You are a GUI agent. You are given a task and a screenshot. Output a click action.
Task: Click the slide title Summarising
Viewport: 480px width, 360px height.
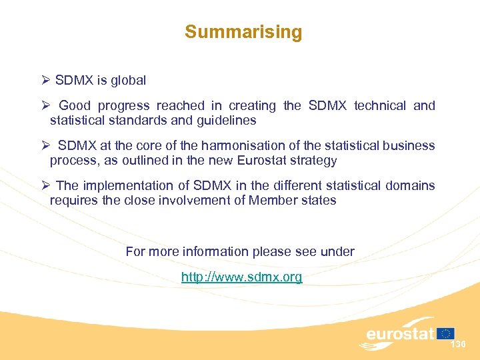pyautogui.click(x=243, y=32)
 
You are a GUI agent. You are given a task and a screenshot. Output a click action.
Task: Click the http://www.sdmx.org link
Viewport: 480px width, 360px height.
pyautogui.click(x=241, y=277)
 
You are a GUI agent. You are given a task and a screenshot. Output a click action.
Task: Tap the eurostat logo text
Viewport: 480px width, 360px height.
pyautogui.click(x=399, y=333)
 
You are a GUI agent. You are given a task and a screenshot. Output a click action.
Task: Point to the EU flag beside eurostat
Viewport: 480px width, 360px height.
pyautogui.click(x=446, y=333)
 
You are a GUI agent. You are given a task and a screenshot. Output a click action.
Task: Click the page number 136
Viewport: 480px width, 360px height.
pyautogui.click(x=458, y=345)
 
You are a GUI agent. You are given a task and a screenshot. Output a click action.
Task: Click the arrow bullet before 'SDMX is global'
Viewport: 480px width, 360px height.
pyautogui.click(x=45, y=81)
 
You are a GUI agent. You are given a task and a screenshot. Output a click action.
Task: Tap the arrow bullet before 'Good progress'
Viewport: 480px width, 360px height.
pyautogui.click(x=45, y=105)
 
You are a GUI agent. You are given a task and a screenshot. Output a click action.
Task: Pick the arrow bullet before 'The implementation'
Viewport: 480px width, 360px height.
pyautogui.click(x=45, y=185)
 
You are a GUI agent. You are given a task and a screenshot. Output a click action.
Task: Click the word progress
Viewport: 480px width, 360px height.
pyautogui.click(x=123, y=106)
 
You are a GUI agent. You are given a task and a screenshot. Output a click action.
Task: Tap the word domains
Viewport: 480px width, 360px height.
pyautogui.click(x=410, y=185)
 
